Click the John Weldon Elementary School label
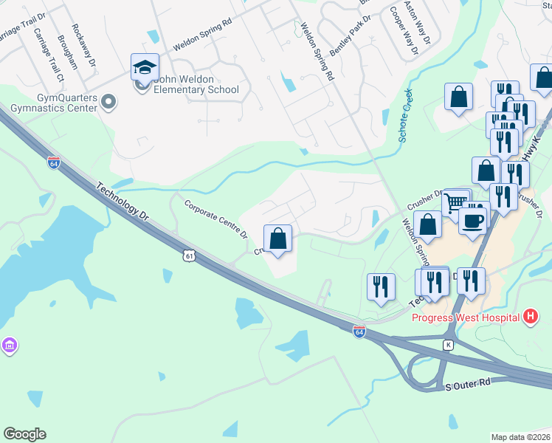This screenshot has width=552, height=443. coord(196,90)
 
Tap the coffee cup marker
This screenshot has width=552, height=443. coord(472,219)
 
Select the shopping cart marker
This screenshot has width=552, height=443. coord(456,202)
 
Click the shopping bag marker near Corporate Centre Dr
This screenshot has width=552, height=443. coord(277,238)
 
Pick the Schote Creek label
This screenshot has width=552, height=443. coord(405,117)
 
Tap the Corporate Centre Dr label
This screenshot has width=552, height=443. coord(215,220)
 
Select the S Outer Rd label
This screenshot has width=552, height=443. coord(468,385)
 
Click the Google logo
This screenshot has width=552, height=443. coord(24,434)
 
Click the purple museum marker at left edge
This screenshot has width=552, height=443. coord(8,346)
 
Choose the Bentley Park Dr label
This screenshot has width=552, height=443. coord(348,40)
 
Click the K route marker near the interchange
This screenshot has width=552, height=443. coord(447,345)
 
